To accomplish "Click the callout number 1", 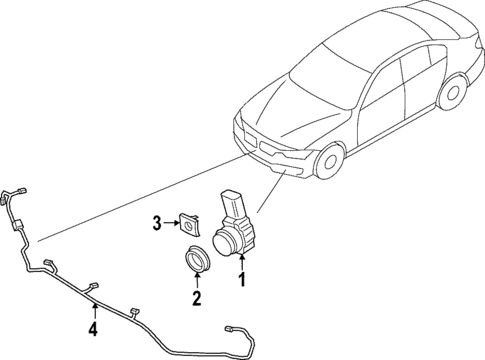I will pos(241,283).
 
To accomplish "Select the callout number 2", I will pos(196,298).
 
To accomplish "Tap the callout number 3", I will pos(157,221).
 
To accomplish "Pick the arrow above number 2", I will pos(196,281).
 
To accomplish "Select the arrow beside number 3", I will pos(171,221).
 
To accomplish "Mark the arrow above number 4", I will pos(92,312).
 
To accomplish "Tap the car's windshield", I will pos(318,69).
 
